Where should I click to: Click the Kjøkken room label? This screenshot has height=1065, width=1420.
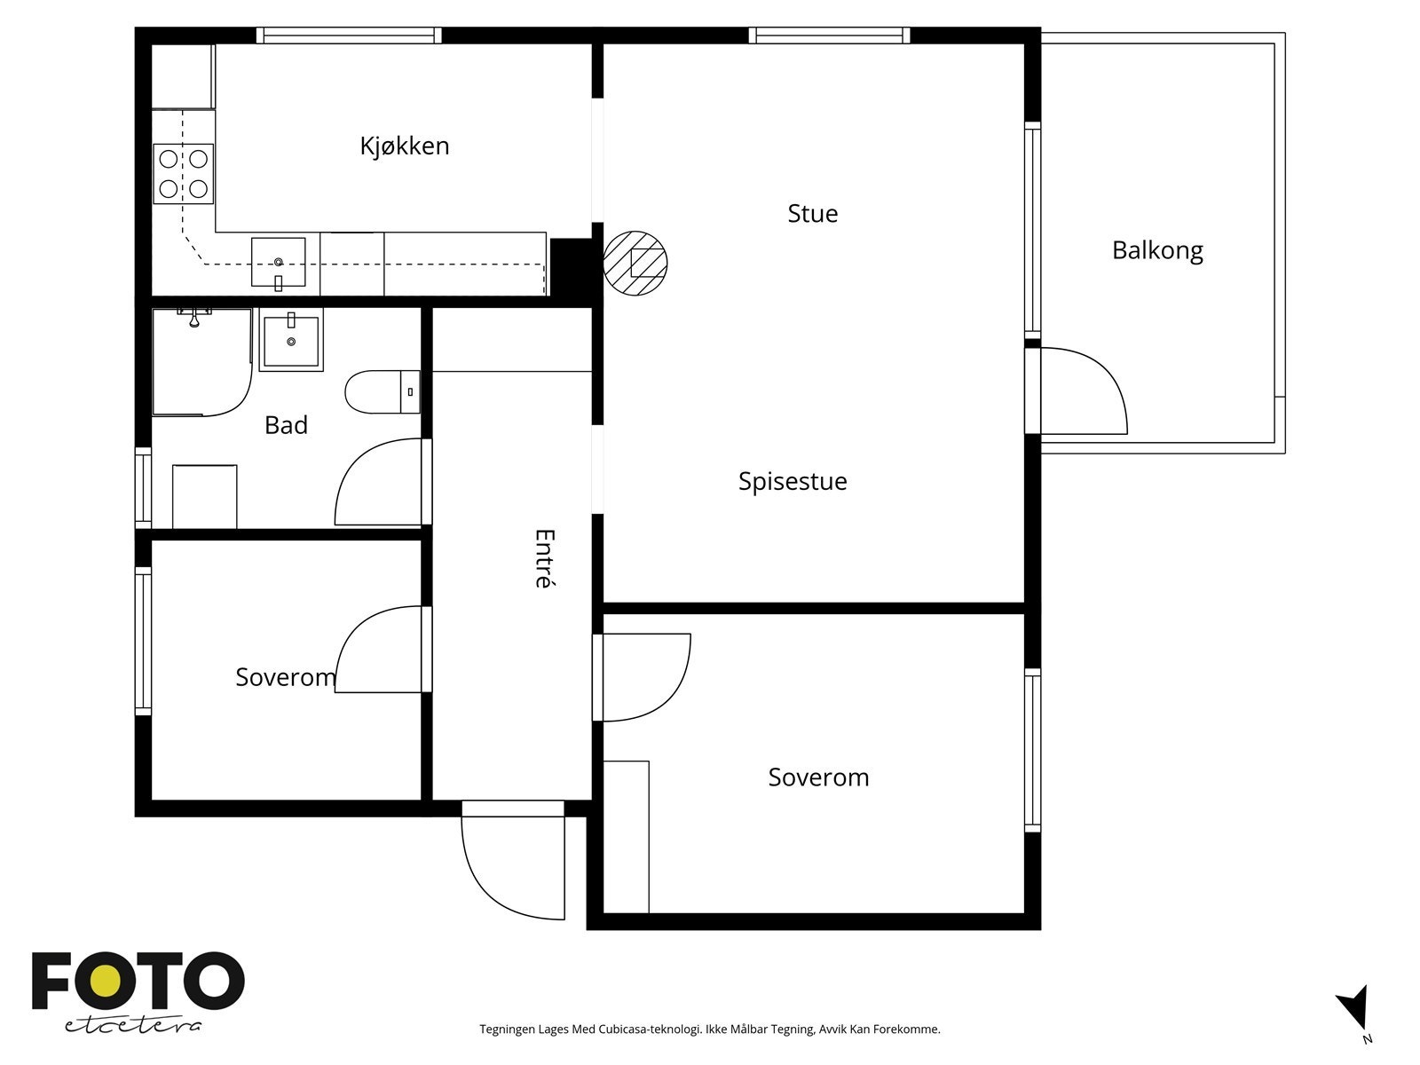click(x=405, y=146)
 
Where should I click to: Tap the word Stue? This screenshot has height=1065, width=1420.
click(x=813, y=213)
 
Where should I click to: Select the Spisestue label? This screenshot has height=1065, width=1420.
click(x=793, y=482)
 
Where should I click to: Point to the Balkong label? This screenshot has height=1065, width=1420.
click(x=1157, y=250)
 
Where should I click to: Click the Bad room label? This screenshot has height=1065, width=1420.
click(x=286, y=425)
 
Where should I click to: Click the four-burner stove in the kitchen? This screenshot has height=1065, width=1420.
click(x=183, y=174)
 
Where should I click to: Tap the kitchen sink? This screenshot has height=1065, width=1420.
click(x=278, y=262)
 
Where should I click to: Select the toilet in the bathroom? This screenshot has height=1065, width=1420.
click(x=383, y=392)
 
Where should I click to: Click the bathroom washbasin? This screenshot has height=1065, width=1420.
click(x=291, y=340)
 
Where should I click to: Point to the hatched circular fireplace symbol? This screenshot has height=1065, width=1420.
click(x=635, y=264)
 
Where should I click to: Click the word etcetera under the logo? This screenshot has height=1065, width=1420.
click(x=132, y=1025)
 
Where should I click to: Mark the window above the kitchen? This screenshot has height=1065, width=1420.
click(x=349, y=35)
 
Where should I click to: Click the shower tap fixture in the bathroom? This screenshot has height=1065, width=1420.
click(x=194, y=318)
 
